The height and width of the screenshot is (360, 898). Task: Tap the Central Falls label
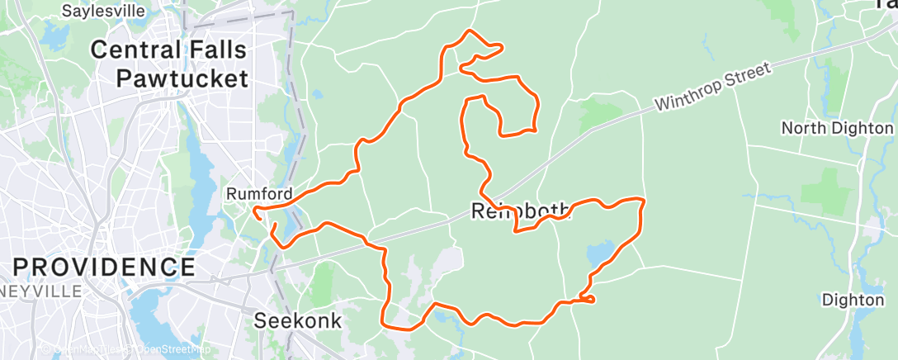click(x=168, y=50)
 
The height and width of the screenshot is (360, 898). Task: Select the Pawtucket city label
click(x=182, y=78)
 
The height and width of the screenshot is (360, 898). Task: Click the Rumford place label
click(x=259, y=194)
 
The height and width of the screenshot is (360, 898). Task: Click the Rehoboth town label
click(x=521, y=211)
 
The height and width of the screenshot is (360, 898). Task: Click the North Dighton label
click(x=837, y=128)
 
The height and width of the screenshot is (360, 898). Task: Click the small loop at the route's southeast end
click(x=587, y=297)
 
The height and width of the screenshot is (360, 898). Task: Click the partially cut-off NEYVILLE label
click(x=41, y=291)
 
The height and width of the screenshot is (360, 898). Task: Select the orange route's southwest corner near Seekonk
click(x=384, y=323)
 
